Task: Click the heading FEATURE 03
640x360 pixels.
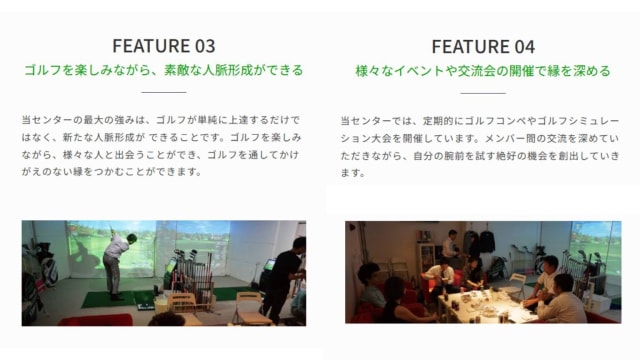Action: coord(163,46)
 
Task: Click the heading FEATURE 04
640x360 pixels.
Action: coord(483,46)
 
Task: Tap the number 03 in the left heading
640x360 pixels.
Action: coord(203,46)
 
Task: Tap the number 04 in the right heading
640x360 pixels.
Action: coord(523,46)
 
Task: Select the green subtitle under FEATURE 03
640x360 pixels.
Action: coord(163,71)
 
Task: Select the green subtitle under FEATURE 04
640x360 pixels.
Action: coord(483,71)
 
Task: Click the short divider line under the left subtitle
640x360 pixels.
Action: coord(163,91)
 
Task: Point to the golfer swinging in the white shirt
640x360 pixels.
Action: coord(116,262)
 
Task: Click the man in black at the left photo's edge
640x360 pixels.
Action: coord(283,275)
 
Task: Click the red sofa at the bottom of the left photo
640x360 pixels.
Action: coord(95,319)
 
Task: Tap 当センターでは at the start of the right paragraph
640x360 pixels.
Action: coord(374,118)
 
